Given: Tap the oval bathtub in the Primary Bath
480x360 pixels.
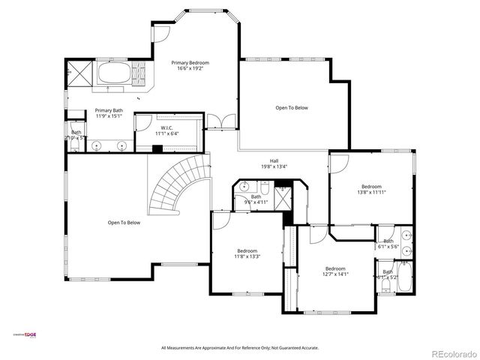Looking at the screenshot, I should [x=113, y=73].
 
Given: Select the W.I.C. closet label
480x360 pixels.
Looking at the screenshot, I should [x=164, y=130].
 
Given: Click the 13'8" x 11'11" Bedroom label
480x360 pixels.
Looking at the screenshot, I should [x=371, y=189].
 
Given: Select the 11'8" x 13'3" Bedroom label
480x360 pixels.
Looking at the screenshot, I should [x=247, y=253].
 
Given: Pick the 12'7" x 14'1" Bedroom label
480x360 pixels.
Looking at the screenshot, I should [x=335, y=271].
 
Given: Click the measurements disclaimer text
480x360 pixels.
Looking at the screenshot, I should [x=240, y=348].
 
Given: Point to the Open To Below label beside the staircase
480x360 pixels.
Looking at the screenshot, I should [x=124, y=222].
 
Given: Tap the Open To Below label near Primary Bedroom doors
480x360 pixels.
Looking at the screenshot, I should [x=291, y=108].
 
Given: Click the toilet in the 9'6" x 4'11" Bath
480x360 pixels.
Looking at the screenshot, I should [x=247, y=201].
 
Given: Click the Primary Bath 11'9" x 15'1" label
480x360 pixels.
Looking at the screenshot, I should [x=109, y=113].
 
